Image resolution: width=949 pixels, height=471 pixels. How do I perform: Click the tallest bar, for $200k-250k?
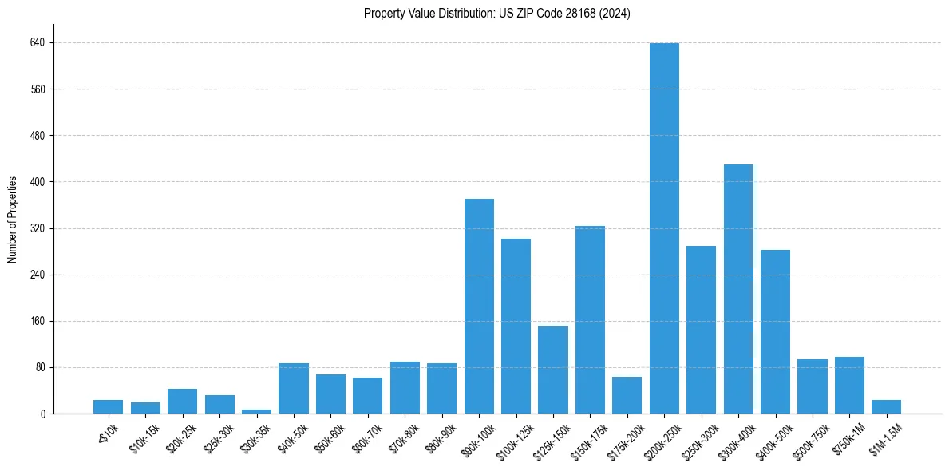664,228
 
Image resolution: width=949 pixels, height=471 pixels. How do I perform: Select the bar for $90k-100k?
479,306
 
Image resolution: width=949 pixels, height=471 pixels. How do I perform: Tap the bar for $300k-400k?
738,289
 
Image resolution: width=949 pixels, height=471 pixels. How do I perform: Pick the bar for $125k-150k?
553,370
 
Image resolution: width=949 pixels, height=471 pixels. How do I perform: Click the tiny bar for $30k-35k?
256,411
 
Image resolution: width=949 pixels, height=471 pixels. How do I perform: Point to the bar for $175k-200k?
627,395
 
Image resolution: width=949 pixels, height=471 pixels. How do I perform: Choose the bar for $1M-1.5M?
886,406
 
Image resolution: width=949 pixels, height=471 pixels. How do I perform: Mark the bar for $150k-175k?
590,319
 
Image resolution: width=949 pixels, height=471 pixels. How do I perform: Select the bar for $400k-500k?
775,331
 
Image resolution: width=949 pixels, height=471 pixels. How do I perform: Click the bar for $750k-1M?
849,385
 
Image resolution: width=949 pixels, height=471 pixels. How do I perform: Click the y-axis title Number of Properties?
13,220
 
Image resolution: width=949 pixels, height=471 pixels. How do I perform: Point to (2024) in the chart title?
616,14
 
